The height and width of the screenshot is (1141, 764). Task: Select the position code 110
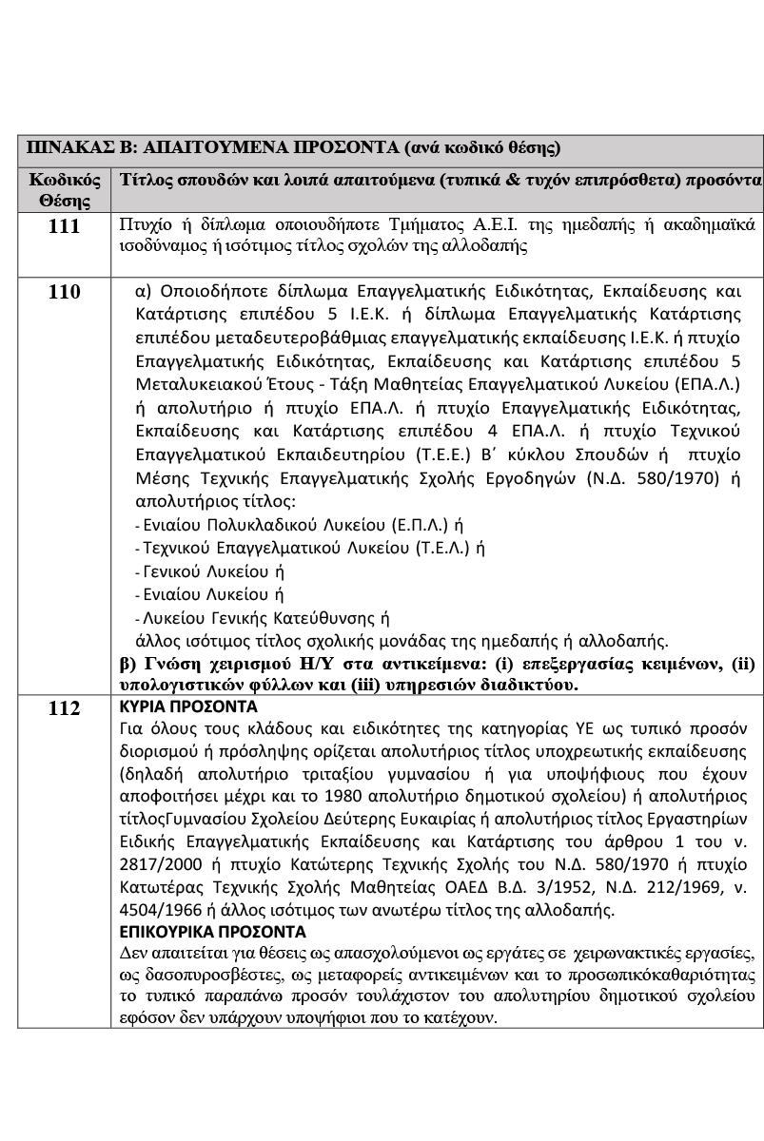[x=65, y=292]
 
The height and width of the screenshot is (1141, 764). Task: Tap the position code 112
[x=65, y=708]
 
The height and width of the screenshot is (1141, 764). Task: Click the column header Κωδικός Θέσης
[x=65, y=190]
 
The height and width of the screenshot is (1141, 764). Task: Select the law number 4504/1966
[x=154, y=908]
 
